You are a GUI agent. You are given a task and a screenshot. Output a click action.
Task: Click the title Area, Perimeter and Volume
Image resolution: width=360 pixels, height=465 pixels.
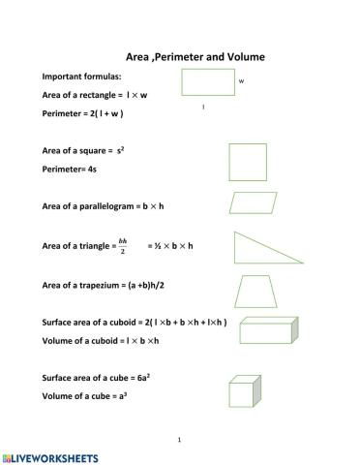(x=195, y=57)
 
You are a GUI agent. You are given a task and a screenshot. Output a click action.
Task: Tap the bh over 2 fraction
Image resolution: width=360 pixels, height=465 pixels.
(x=123, y=246)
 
